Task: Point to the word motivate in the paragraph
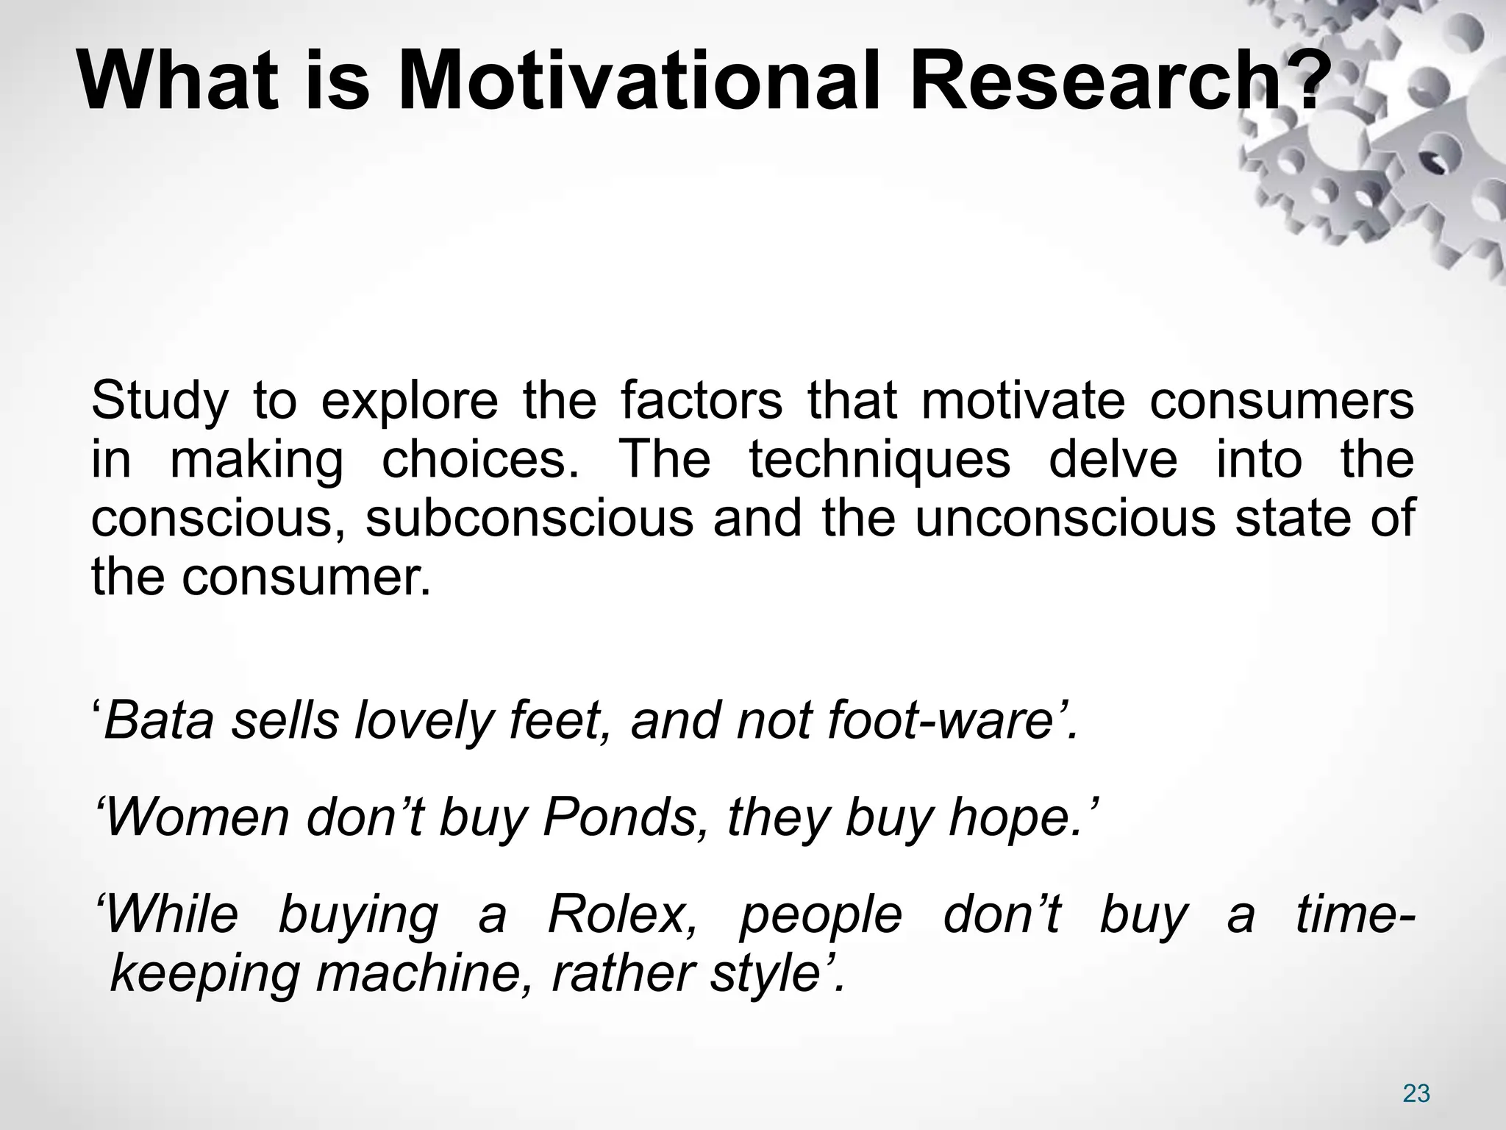(1023, 402)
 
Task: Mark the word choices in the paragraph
(481, 461)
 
